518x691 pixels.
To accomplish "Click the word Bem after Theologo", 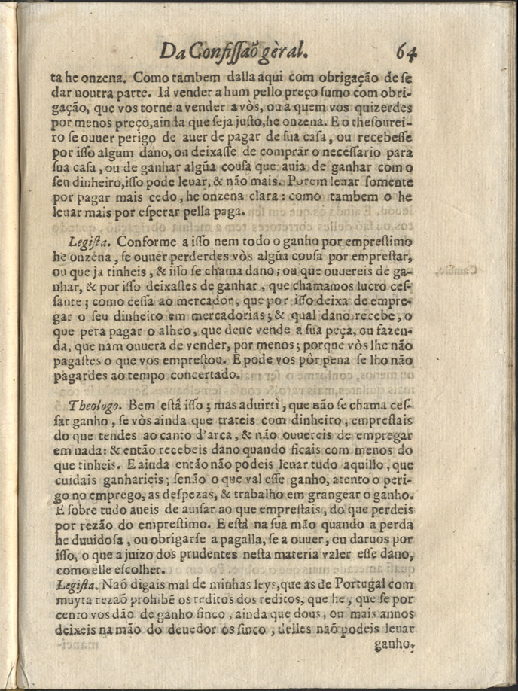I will click(144, 406).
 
